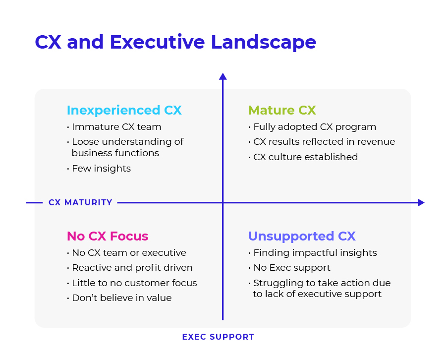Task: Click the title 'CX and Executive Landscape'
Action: point(175,43)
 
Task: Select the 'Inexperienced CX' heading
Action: point(124,111)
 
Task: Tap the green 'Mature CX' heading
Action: point(282,110)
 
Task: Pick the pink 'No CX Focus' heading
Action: point(108,236)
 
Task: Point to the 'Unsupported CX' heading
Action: point(302,236)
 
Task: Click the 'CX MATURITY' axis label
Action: point(80,202)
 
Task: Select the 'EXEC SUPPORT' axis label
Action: point(218,337)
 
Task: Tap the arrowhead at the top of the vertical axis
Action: point(223,76)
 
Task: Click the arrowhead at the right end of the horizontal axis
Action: point(421,203)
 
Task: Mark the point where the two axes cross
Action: point(223,203)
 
